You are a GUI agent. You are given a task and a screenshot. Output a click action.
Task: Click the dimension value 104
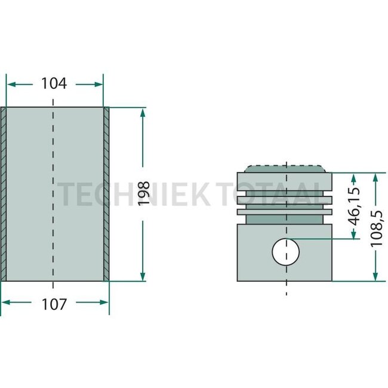pos(54,83)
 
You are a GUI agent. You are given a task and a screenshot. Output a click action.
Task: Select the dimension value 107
pos(54,304)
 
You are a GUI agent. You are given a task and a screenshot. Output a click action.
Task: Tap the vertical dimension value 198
pos(144,193)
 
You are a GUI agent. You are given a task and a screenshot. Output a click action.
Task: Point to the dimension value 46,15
pos(354,207)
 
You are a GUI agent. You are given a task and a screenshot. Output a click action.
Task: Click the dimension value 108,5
pos(377,228)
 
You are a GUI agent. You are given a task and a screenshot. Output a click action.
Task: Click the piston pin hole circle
pos(285,252)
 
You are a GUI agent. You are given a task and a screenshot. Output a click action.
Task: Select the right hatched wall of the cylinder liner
pos(106,194)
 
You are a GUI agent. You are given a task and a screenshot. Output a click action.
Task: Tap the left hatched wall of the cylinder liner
pos(3,194)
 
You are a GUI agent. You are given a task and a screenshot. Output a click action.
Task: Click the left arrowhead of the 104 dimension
pos(11,85)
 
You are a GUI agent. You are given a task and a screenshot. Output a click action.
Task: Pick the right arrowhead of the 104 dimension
pos(98,85)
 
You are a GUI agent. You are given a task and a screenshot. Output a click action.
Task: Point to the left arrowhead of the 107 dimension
pos(6,302)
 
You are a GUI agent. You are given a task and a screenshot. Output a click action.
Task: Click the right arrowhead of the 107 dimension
pos(104,302)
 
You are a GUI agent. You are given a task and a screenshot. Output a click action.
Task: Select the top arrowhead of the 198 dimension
pos(143,113)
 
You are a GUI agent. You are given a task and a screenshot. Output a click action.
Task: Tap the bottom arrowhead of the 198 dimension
pos(143,276)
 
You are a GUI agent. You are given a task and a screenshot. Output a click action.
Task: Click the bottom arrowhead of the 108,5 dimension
pos(375,276)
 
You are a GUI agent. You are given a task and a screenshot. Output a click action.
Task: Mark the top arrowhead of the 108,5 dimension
pos(375,178)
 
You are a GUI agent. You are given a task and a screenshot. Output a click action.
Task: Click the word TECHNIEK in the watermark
pos(134,194)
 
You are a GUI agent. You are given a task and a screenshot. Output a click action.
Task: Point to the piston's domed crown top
pos(285,168)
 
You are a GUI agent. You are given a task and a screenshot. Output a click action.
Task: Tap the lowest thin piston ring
pos(285,212)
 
